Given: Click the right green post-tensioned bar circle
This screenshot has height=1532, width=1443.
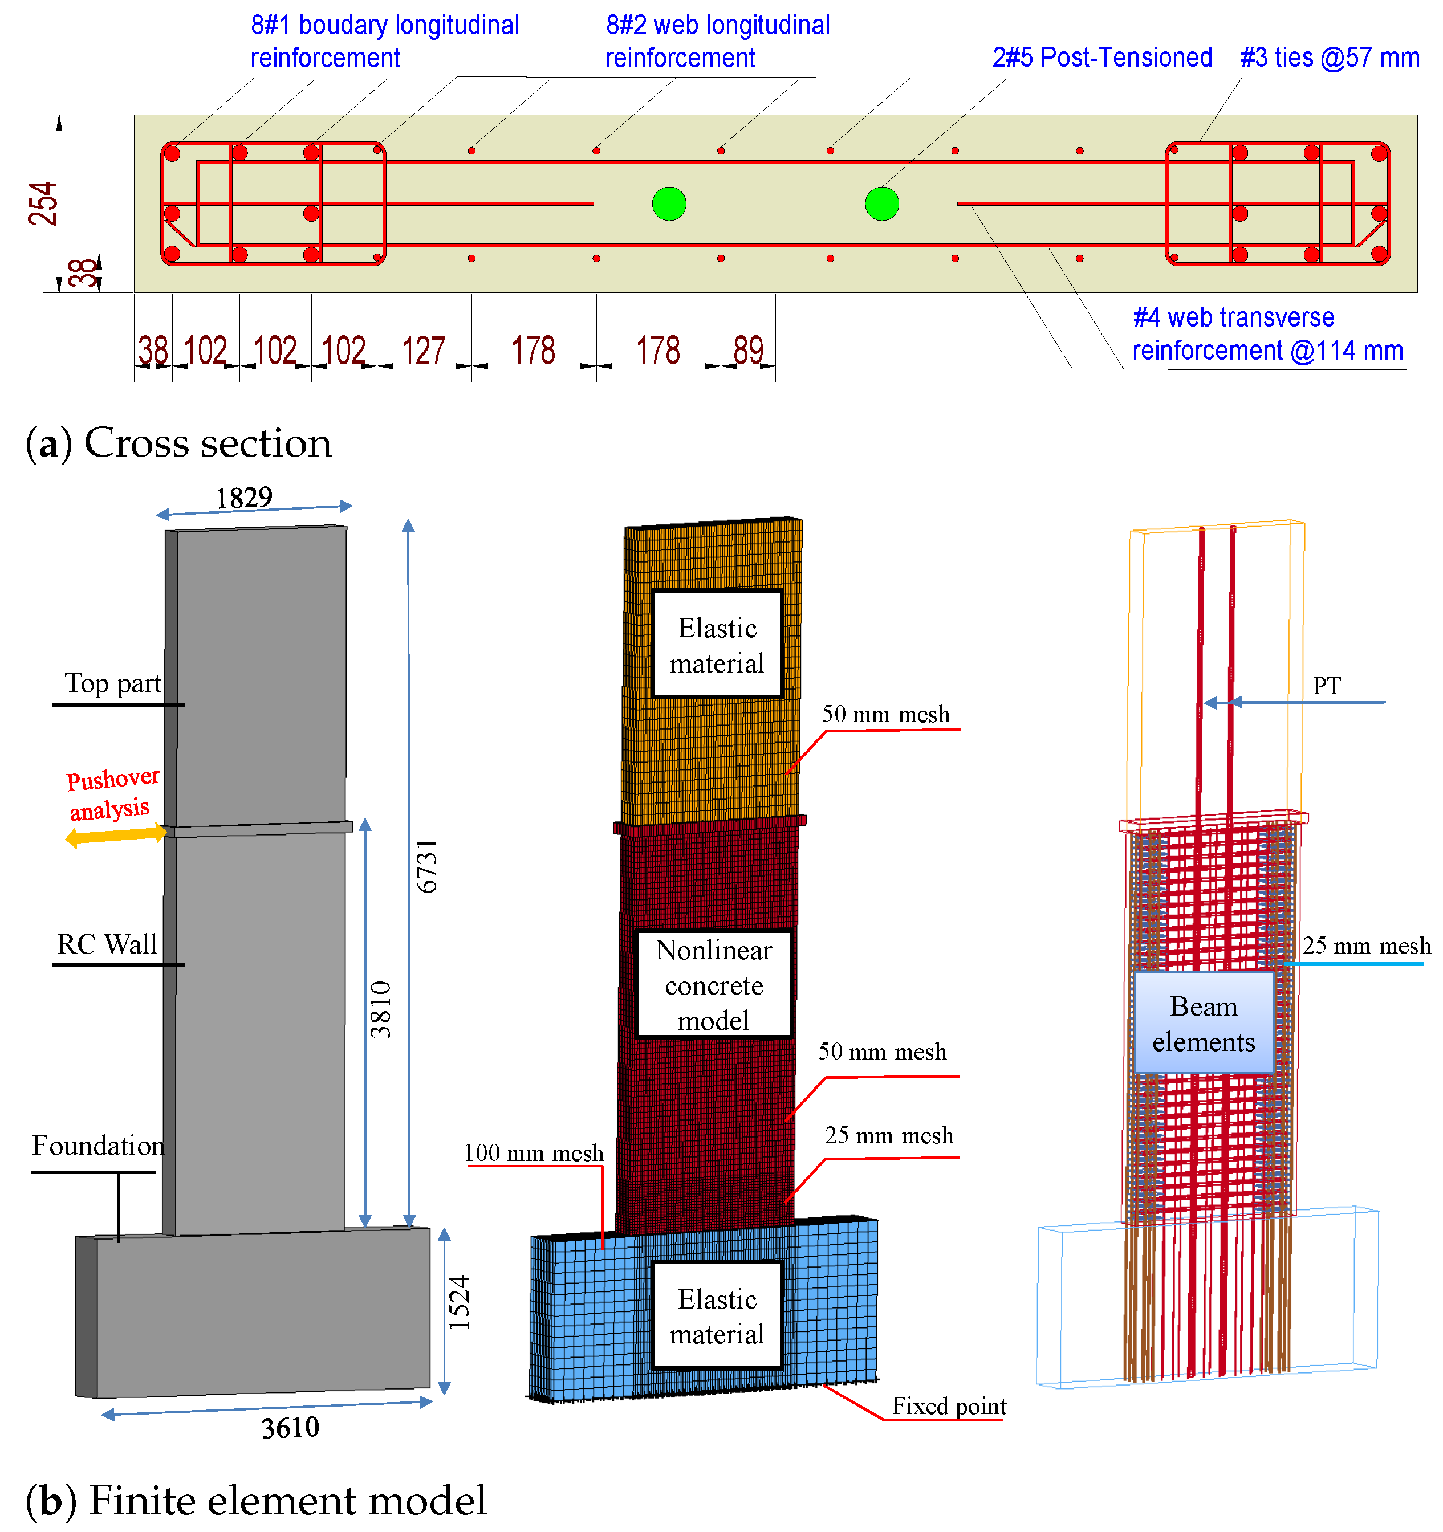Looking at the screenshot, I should (882, 204).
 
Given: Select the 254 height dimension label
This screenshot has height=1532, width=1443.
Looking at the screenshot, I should (43, 203).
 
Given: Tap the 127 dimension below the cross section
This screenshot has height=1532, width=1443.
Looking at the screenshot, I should (423, 351).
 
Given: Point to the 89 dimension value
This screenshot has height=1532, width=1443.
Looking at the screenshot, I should (747, 351).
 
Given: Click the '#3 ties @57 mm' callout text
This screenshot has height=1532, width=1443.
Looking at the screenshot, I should (1330, 58).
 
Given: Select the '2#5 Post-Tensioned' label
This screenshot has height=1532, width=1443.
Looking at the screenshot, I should (1101, 58).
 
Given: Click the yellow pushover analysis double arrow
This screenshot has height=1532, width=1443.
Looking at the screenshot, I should (116, 834).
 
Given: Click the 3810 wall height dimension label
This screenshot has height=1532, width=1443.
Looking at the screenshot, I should (381, 1009).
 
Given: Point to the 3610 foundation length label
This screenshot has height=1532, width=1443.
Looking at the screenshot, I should (290, 1428).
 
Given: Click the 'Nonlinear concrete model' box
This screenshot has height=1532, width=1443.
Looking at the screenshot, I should (714, 985).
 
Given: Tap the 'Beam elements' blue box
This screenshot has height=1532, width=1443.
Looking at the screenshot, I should (1204, 1024).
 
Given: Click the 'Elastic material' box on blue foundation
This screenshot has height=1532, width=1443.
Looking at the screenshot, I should (717, 1316).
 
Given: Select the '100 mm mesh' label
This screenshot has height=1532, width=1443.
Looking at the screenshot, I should (534, 1153).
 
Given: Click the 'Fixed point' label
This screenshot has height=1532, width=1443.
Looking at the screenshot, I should (949, 1407).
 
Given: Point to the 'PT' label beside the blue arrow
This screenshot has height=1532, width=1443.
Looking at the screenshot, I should (1327, 686).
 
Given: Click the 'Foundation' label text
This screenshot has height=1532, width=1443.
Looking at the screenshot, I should (98, 1146).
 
